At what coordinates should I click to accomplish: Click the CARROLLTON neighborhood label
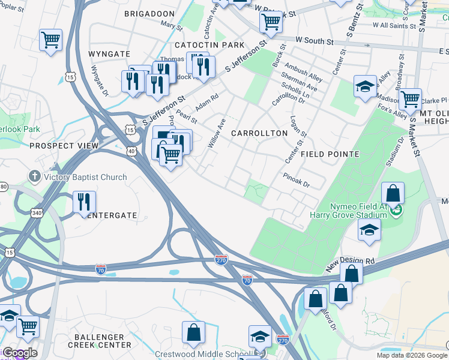259,133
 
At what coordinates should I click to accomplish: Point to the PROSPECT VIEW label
64,146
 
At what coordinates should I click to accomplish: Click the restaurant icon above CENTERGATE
84,202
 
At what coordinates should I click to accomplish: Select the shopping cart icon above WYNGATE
51,40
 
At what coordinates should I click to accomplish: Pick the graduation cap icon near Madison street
365,86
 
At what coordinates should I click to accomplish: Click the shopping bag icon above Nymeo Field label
393,193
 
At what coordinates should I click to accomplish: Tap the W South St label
314,41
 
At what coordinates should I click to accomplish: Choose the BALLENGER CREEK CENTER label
99,341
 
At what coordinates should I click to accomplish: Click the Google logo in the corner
20,353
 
